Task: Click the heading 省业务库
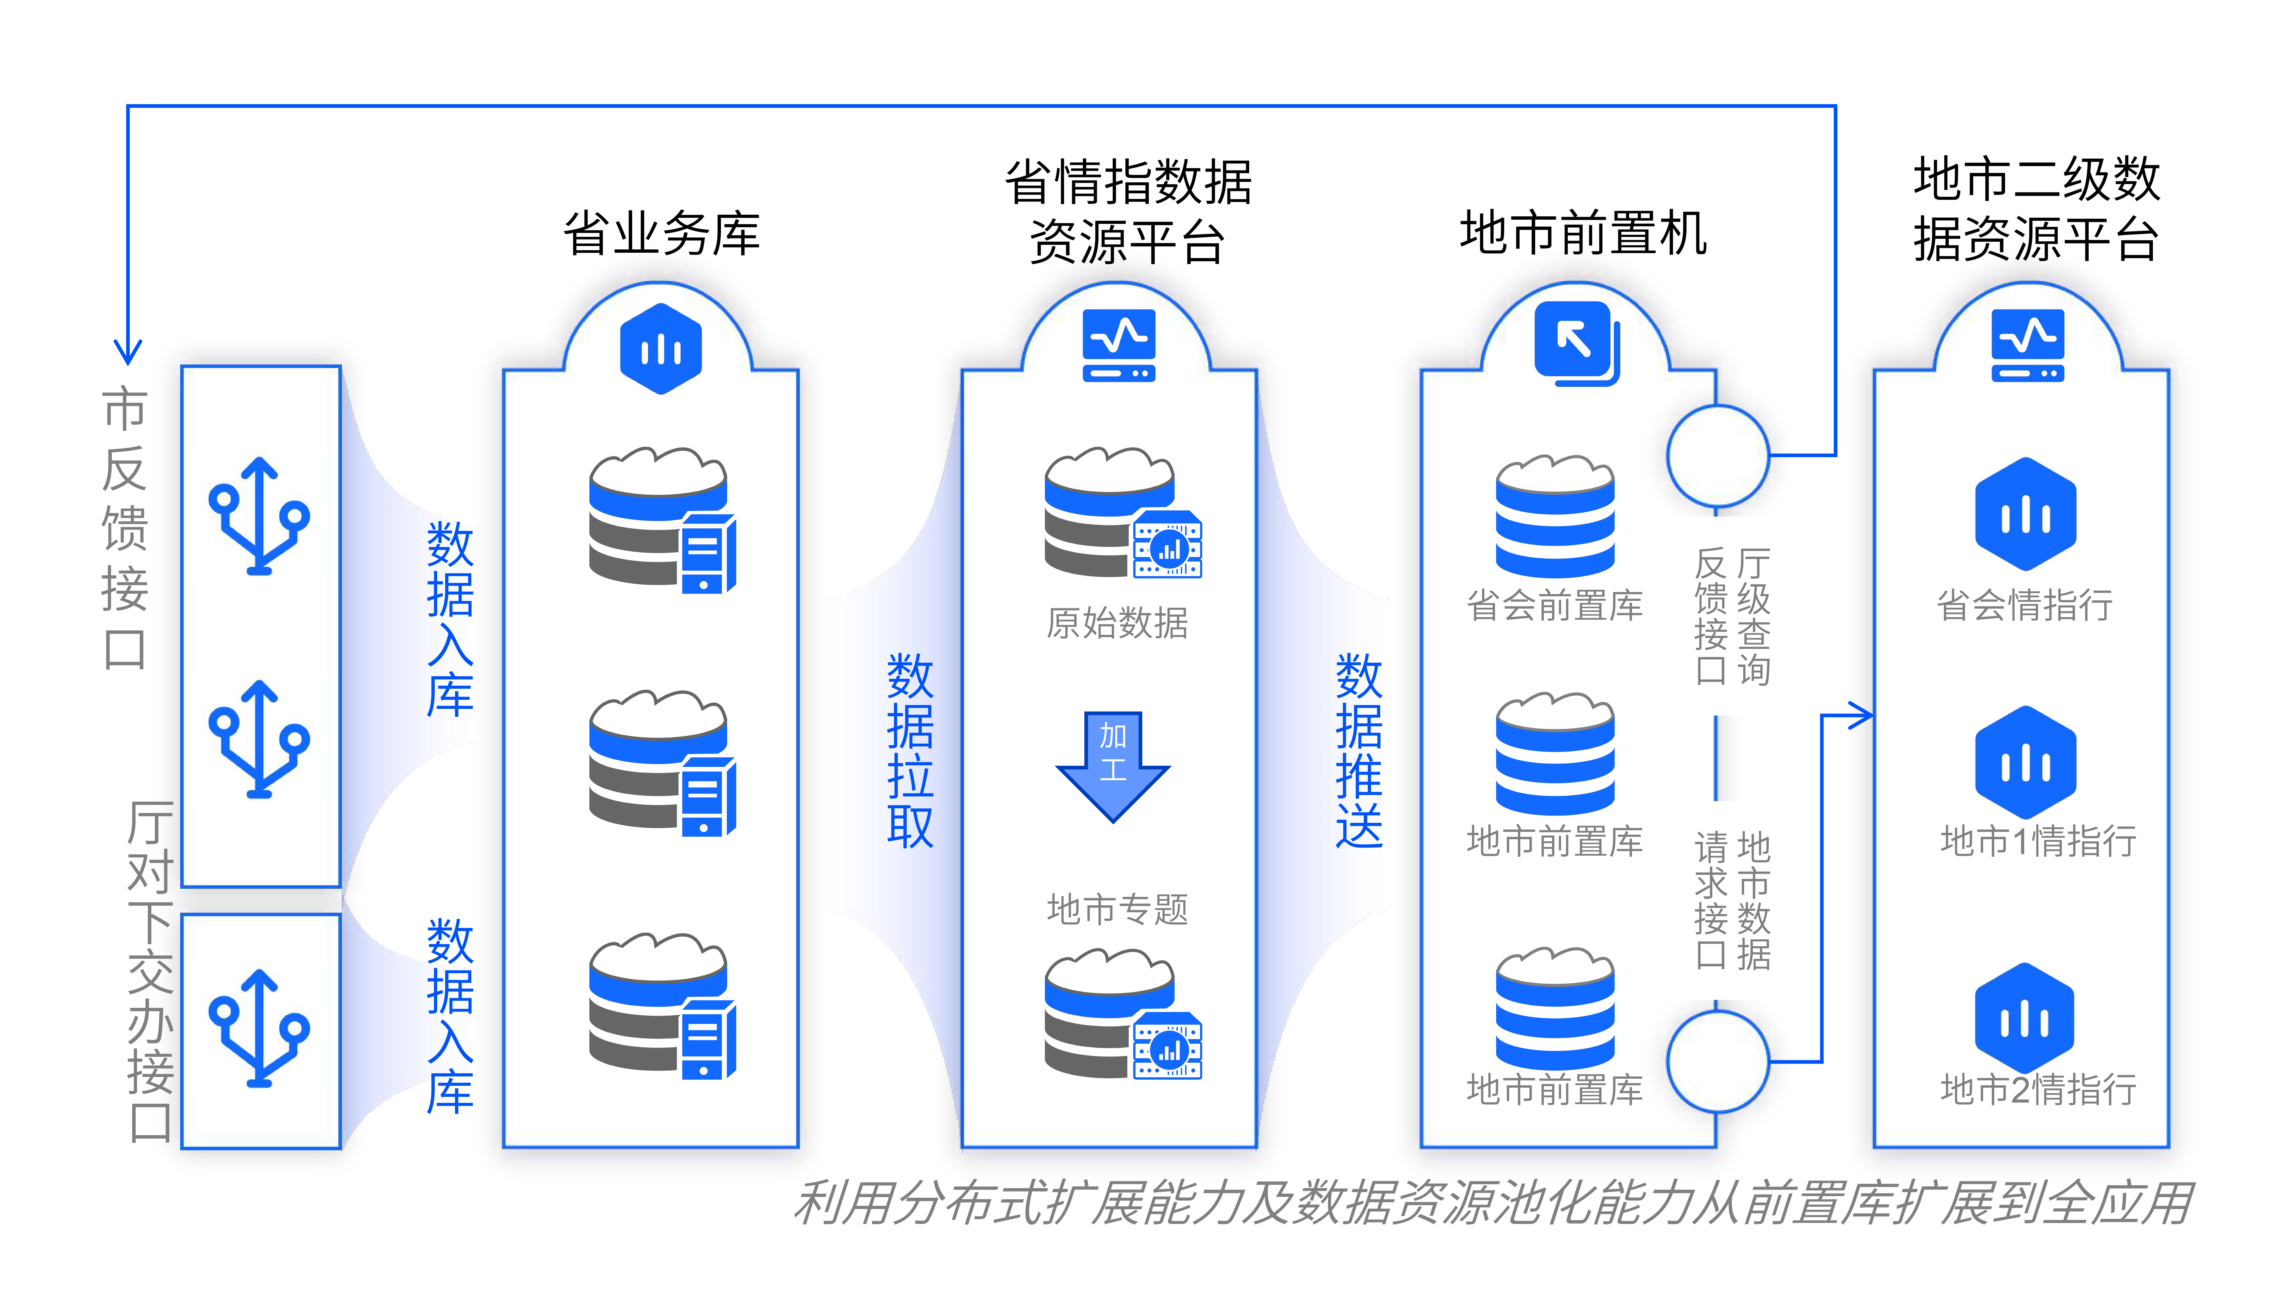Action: pyautogui.click(x=661, y=234)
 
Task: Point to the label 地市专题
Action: pyautogui.click(x=1117, y=909)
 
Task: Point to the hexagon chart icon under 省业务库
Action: pyautogui.click(x=660, y=349)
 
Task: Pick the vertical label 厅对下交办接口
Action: pyautogui.click(x=150, y=971)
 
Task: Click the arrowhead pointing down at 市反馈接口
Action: pyautogui.click(x=128, y=352)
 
